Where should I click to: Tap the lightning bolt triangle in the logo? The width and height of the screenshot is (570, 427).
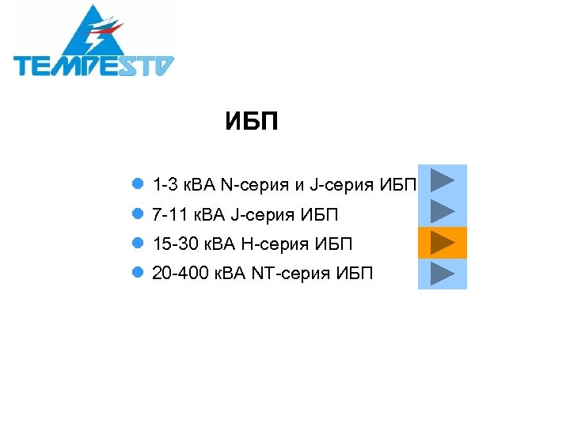coord(94,32)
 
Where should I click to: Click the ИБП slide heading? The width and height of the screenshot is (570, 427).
coord(251,122)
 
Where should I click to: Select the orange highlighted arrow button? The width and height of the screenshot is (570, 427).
coord(443,242)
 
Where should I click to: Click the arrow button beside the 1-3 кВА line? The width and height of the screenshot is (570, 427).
coord(443,179)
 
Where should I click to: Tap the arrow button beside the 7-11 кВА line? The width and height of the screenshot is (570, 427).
coord(443,211)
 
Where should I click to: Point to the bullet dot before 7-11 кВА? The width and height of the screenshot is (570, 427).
coord(138,214)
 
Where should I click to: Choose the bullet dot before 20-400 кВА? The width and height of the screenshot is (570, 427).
coord(138,274)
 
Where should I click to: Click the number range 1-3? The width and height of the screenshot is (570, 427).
coord(165,185)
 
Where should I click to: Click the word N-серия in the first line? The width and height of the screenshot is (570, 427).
coord(256,185)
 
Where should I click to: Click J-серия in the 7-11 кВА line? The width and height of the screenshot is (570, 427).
coord(260,214)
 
